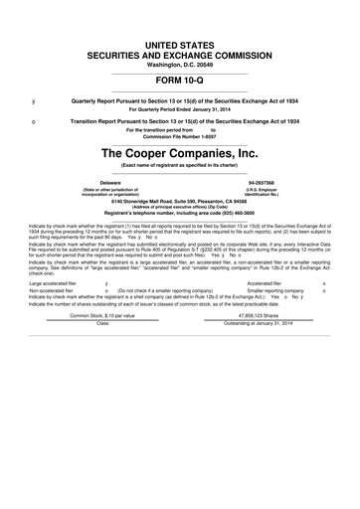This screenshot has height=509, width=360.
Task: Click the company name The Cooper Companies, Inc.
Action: coord(179,154)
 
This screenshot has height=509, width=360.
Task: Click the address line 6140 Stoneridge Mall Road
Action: coord(179,203)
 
